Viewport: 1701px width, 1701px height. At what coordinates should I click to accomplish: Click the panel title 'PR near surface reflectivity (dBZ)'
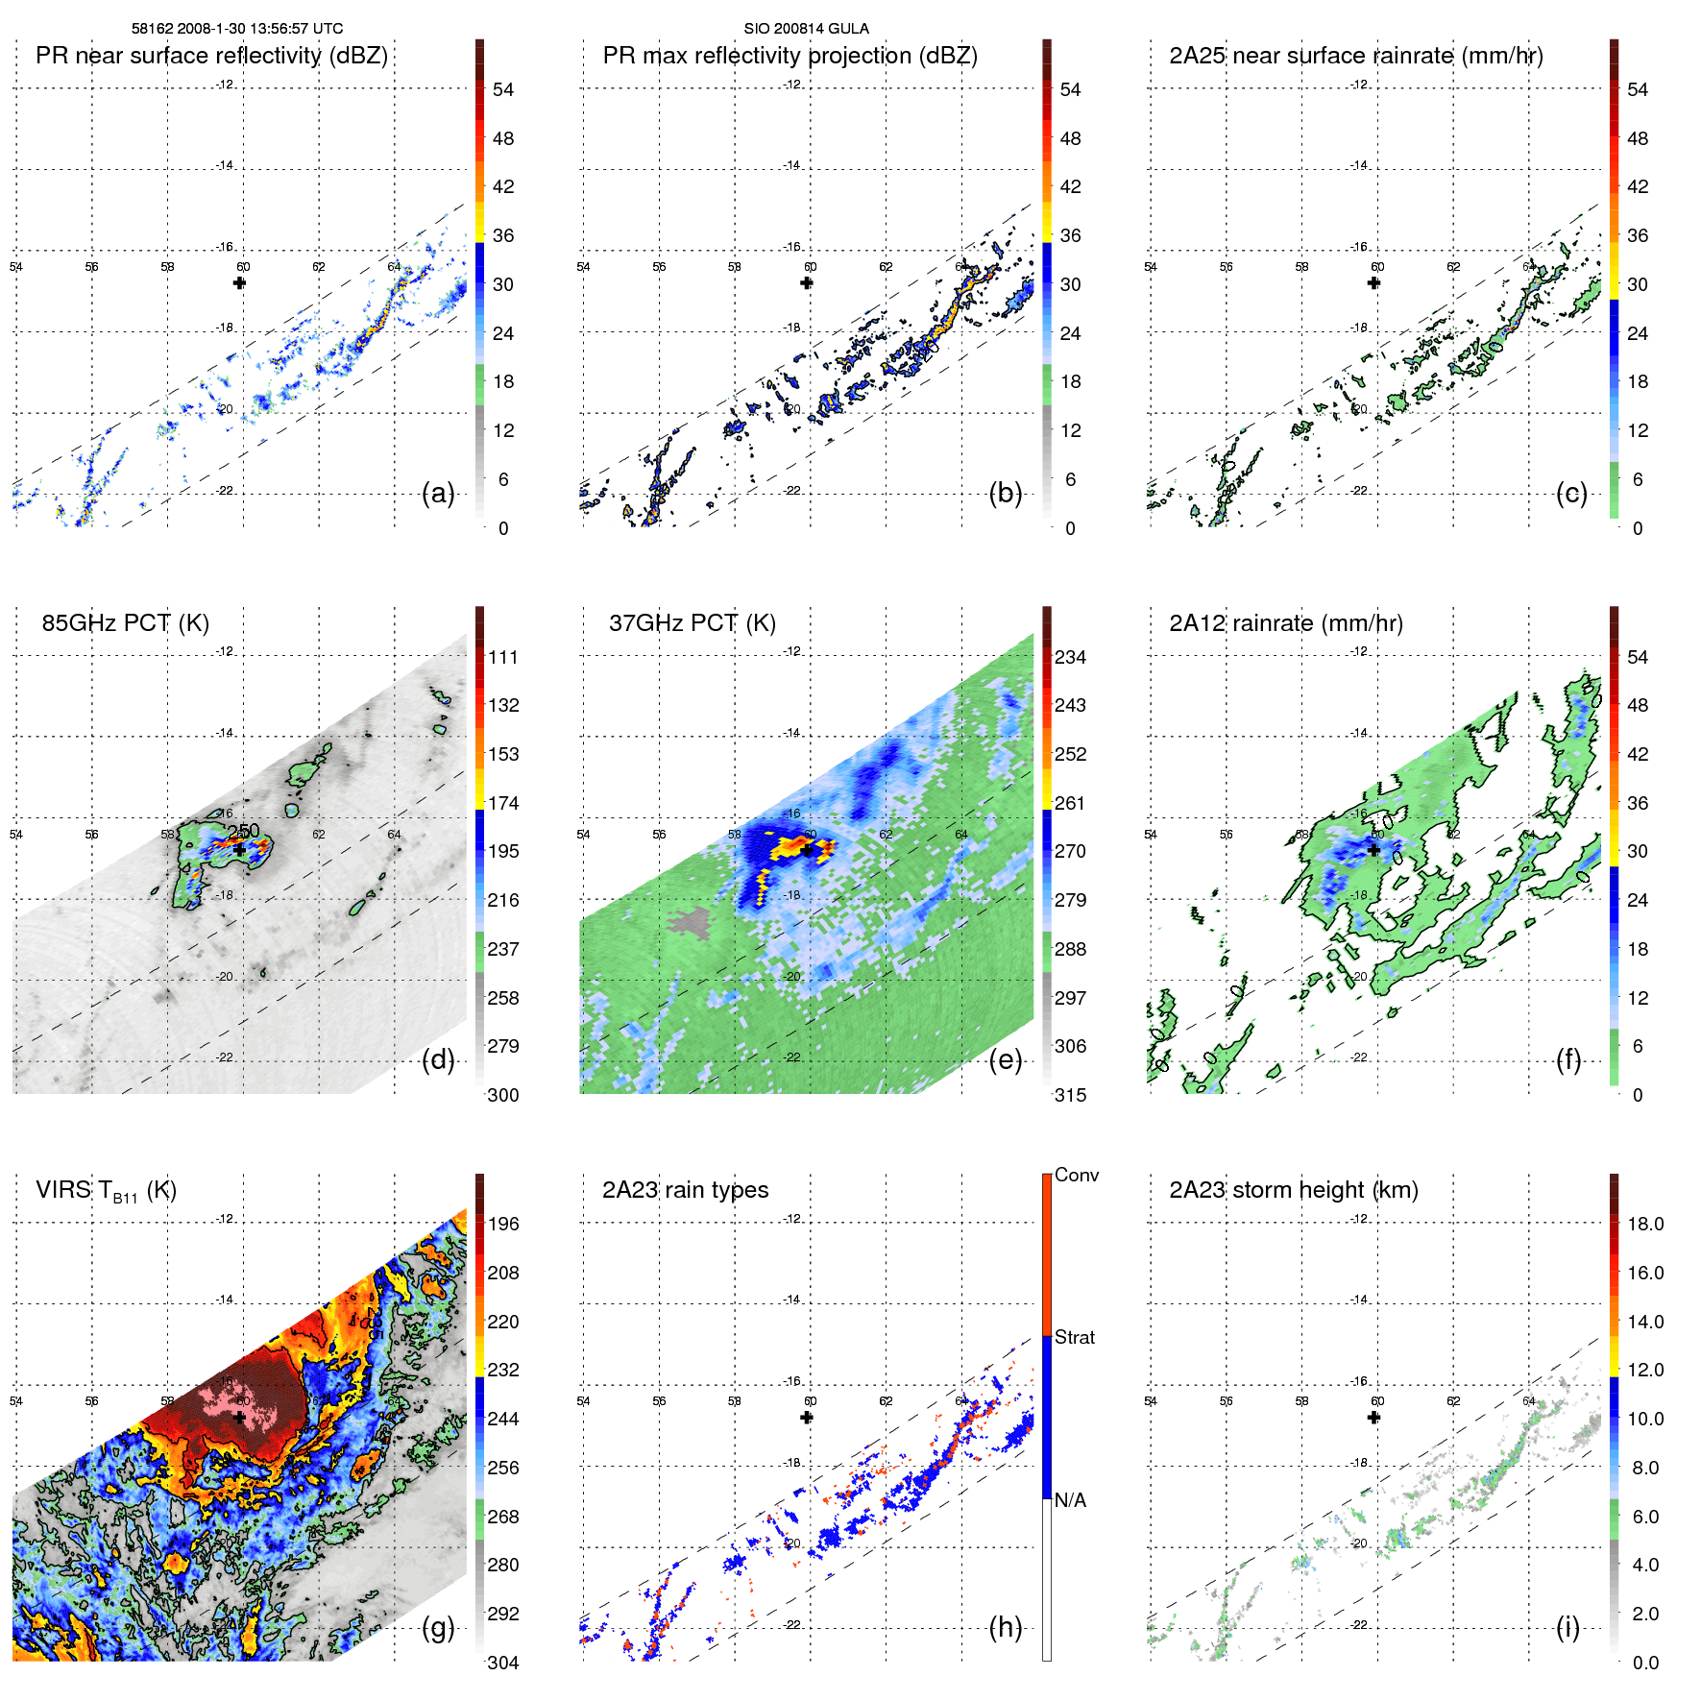point(211,56)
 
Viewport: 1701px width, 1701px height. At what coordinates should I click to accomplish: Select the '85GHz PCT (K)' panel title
point(125,623)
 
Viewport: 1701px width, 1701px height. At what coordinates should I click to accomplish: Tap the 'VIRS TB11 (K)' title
point(106,1191)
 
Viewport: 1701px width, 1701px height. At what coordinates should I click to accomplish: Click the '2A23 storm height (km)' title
point(1293,1190)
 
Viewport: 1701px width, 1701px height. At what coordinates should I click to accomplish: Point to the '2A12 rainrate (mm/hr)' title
point(1285,623)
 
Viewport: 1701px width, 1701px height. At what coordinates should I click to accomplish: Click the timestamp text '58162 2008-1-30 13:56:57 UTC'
point(237,29)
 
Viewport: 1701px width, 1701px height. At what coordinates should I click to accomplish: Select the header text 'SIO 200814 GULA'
point(806,29)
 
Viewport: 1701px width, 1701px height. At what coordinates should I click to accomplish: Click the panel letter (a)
point(438,494)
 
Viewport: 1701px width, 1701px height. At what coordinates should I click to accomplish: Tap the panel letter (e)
point(1005,1060)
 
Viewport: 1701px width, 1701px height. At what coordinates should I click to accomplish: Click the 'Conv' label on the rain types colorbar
point(1076,1175)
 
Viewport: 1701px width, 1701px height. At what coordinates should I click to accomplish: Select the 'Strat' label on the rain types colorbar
point(1075,1337)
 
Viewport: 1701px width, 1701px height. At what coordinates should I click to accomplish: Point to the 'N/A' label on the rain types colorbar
point(1070,1500)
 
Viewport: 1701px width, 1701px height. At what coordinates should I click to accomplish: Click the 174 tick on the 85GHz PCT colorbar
point(503,803)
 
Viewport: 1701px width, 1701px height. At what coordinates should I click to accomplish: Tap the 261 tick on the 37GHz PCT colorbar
point(1070,803)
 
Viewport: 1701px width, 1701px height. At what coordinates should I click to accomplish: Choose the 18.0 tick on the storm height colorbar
point(1644,1224)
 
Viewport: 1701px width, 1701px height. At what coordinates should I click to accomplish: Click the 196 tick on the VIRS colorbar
point(503,1224)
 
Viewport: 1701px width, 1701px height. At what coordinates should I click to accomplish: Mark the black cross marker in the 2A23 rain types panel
point(807,1418)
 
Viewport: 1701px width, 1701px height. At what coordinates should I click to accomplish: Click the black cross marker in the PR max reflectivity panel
point(807,283)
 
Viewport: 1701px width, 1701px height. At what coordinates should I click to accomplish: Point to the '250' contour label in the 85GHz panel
point(244,831)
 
